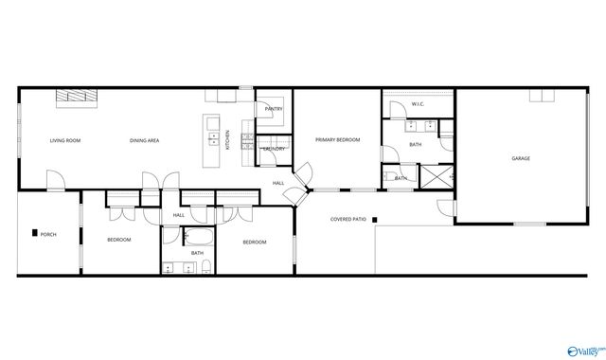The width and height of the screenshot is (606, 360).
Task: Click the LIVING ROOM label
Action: [x=65, y=141]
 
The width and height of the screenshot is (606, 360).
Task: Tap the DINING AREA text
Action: [x=145, y=141]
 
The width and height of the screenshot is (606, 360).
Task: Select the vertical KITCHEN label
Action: [x=227, y=138]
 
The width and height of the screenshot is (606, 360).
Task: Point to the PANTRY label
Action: [x=275, y=109]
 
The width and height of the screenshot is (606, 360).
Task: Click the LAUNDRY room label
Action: [x=275, y=149]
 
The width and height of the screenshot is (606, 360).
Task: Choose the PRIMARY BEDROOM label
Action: [x=338, y=139]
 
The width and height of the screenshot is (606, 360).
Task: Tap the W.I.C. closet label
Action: [x=419, y=103]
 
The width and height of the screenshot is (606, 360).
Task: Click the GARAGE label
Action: [x=521, y=158]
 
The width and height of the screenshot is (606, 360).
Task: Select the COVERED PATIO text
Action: [x=348, y=219]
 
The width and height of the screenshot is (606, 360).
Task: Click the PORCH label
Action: [x=48, y=234]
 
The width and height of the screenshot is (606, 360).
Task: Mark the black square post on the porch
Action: [x=34, y=233]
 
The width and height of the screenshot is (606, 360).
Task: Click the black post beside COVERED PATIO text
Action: [x=375, y=221]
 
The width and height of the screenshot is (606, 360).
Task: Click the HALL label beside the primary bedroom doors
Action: [x=278, y=183]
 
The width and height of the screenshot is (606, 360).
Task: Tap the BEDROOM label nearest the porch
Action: [x=118, y=240]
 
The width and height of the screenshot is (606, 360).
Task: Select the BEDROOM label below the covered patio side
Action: [x=255, y=243]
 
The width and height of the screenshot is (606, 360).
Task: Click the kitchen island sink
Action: [x=214, y=140]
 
